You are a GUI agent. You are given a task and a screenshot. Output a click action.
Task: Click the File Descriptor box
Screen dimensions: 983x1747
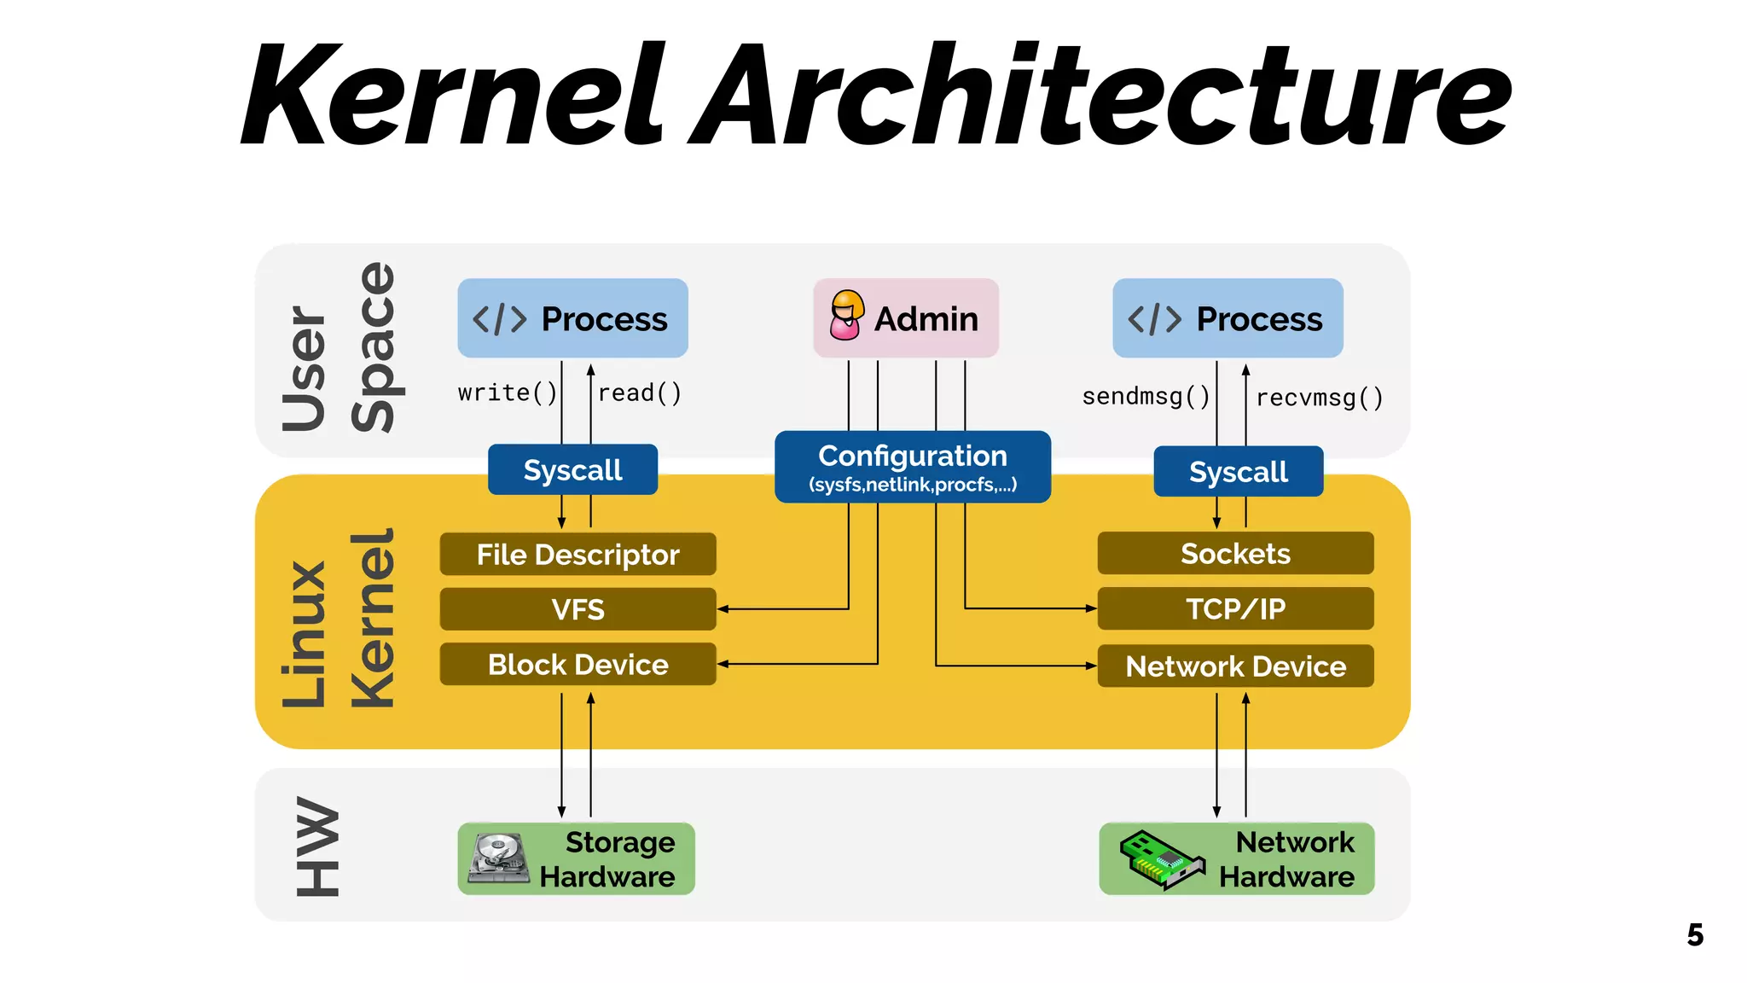click(x=577, y=555)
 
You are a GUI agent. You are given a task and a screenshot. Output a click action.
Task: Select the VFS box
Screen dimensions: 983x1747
click(x=577, y=609)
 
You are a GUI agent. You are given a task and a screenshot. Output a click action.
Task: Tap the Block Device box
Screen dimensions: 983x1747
click(x=577, y=665)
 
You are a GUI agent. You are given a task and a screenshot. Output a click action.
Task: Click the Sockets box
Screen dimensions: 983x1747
click(x=1235, y=554)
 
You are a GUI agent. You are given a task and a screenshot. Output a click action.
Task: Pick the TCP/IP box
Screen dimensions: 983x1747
click(x=1235, y=608)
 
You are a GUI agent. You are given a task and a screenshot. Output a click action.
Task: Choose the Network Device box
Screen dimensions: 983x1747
click(x=1235, y=666)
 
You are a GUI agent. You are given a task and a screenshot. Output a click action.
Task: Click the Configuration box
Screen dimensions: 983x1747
click(x=912, y=467)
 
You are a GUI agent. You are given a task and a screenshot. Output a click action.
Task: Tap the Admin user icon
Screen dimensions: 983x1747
click(x=846, y=315)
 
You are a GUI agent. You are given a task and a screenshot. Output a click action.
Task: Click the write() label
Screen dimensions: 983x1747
click(x=507, y=393)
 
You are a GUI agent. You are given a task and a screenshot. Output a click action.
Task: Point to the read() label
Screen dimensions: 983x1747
click(x=640, y=393)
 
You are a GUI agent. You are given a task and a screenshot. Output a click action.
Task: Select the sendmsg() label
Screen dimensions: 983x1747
click(x=1146, y=397)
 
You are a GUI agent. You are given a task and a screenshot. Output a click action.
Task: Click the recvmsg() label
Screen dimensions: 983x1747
click(x=1319, y=398)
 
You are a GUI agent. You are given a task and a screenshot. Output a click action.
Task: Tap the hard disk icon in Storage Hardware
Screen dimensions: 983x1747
click(x=498, y=858)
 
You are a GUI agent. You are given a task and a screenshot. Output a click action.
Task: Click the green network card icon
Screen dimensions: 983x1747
click(x=1161, y=860)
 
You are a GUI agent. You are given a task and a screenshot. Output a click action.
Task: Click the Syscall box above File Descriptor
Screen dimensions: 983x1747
click(x=572, y=470)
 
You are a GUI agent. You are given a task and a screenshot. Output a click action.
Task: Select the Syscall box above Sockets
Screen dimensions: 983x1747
click(x=1238, y=472)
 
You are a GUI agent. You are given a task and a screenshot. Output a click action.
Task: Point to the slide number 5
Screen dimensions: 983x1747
click(x=1694, y=935)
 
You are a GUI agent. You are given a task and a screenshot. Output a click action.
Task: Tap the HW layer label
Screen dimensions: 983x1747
click(x=317, y=846)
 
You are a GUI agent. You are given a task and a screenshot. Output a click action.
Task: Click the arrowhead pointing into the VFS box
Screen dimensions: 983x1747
click(x=723, y=609)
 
